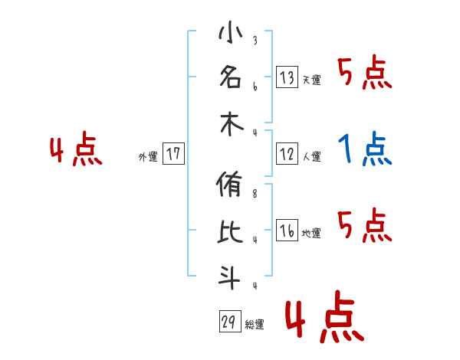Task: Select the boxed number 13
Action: pos(287,77)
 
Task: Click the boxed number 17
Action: pos(173,155)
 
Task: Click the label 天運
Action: pos(311,80)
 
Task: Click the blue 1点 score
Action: pos(365,149)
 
